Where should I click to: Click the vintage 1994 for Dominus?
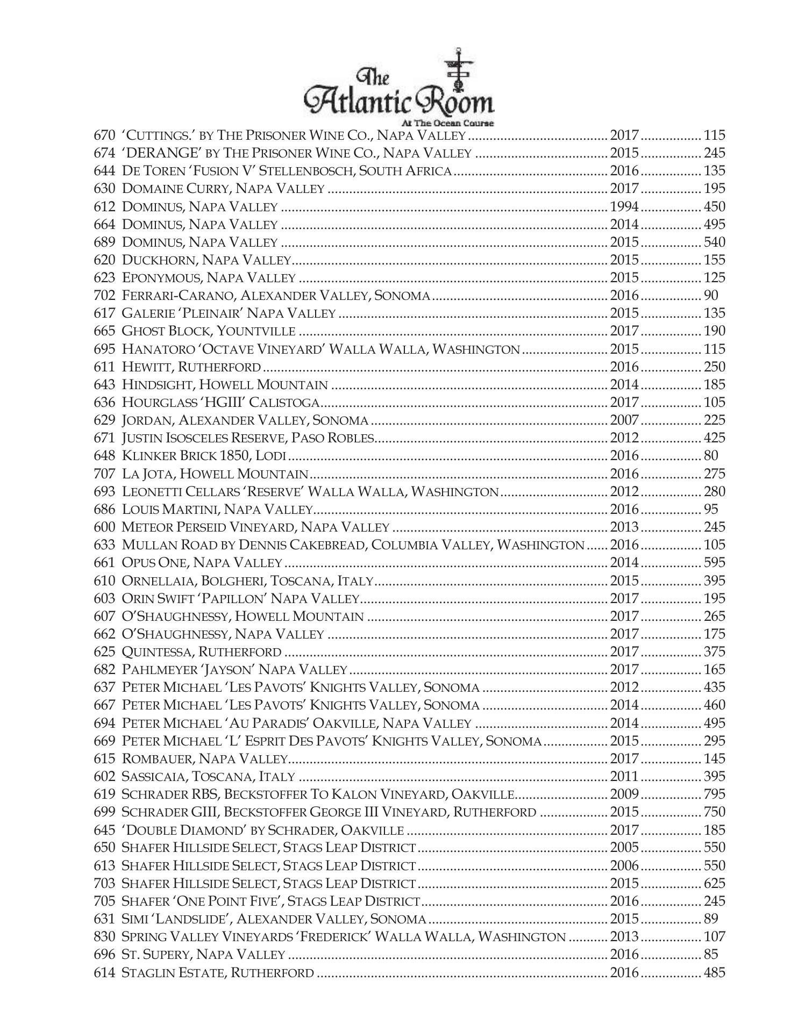click(x=624, y=206)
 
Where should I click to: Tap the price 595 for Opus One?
click(x=714, y=562)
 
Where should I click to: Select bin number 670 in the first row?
click(x=104, y=135)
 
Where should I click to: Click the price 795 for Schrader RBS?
click(x=714, y=794)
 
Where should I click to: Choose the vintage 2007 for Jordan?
click(x=624, y=420)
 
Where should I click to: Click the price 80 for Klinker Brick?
click(x=710, y=456)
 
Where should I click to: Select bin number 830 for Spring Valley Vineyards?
click(x=104, y=936)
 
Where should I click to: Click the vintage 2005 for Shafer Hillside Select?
click(x=624, y=847)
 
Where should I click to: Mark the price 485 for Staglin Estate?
click(x=714, y=972)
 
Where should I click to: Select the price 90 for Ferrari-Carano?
click(x=710, y=296)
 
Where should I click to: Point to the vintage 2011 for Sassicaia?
click(x=624, y=776)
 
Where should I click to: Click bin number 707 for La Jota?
click(x=104, y=474)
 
